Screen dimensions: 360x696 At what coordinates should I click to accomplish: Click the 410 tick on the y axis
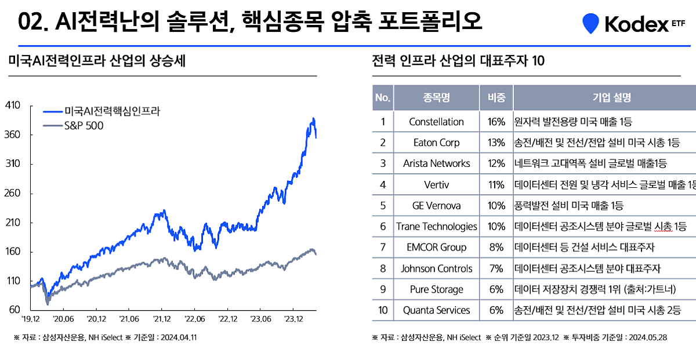(12, 106)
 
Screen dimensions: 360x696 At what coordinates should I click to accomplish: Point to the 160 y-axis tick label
(12, 252)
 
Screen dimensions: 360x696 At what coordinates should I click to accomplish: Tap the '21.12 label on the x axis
(162, 319)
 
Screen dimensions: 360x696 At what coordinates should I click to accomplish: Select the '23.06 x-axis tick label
(261, 319)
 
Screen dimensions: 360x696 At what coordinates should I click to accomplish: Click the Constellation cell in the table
(436, 122)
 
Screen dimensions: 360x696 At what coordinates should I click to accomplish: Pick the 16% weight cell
(496, 122)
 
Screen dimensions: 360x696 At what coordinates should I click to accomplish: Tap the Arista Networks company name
(436, 163)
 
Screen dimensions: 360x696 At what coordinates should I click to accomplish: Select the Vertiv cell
(436, 184)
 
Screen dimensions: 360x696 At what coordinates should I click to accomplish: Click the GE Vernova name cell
(436, 205)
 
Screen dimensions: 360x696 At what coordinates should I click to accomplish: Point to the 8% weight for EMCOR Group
(496, 248)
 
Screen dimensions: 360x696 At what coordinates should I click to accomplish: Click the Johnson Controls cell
(436, 268)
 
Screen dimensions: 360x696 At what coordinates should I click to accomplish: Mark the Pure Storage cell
(436, 289)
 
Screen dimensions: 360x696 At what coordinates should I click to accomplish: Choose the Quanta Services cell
(436, 310)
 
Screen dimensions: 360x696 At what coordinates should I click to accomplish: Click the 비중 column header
(496, 97)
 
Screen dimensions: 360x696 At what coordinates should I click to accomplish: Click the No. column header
(383, 97)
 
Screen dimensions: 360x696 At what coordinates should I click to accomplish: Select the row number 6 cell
(383, 226)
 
